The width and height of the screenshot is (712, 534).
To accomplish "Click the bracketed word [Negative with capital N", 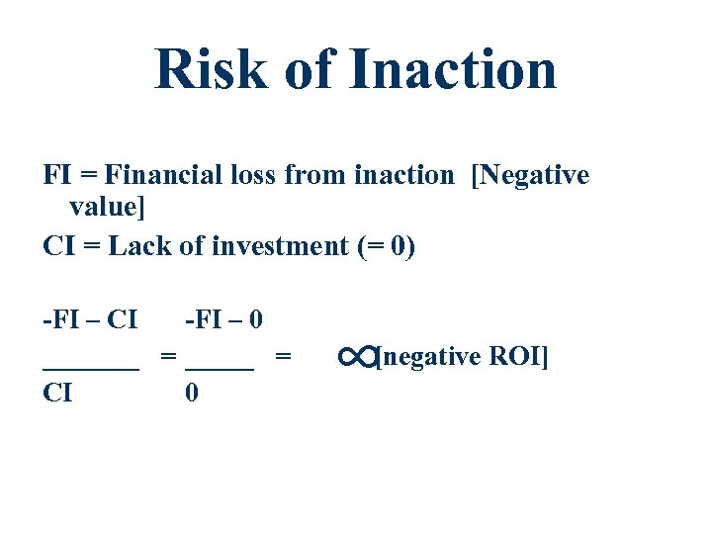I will [x=531, y=177].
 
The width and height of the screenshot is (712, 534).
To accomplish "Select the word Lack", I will [x=138, y=246].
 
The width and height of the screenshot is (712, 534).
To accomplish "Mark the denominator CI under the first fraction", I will [x=57, y=393].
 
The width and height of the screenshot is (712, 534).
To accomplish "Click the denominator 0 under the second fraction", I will [x=192, y=393].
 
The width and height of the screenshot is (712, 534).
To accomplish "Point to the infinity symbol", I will [x=355, y=356].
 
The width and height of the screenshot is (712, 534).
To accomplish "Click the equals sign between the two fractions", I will [x=169, y=356].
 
